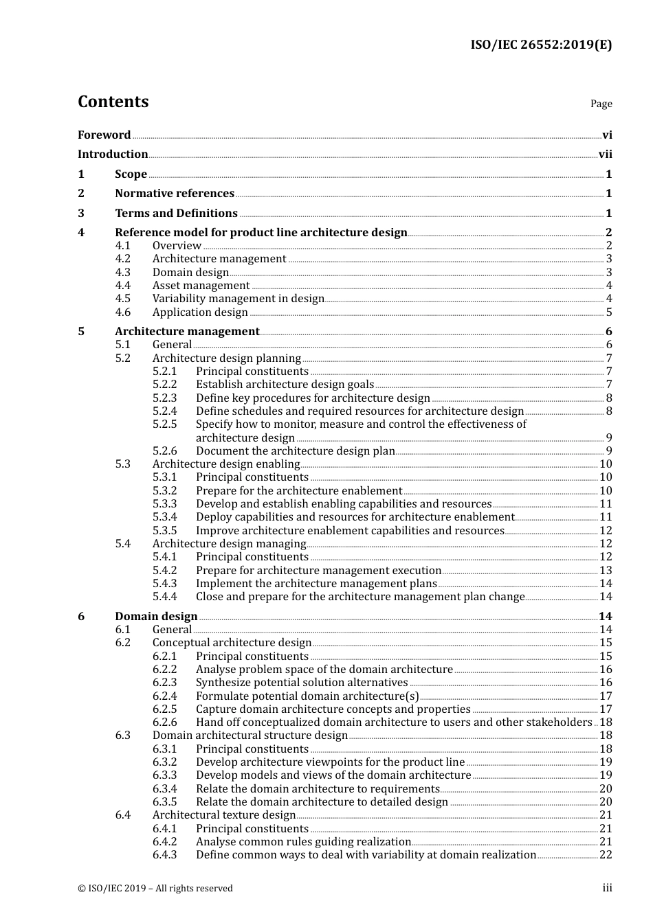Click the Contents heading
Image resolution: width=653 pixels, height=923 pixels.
coord(113,102)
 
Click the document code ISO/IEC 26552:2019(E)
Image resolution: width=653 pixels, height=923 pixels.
coord(540,45)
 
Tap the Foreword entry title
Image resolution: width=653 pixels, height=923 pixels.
coord(104,135)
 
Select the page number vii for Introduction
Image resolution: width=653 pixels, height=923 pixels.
coord(605,155)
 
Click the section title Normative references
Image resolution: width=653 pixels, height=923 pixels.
coord(175,194)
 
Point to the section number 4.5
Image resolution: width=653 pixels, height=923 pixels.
coord(122,299)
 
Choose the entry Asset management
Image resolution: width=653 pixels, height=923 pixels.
coord(201,286)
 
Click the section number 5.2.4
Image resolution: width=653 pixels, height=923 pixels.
coord(164,411)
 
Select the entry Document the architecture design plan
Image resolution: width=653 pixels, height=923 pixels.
coord(295,451)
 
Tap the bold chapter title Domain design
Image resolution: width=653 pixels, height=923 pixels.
coord(156,617)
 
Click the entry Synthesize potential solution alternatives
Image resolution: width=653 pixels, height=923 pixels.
coord(302,683)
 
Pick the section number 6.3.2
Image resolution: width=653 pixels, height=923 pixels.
coord(164,762)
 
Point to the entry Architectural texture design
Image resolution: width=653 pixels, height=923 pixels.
coord(223,815)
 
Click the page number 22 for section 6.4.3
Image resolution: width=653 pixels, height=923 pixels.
coord(606,855)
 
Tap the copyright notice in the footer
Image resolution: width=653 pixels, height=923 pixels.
coord(155,889)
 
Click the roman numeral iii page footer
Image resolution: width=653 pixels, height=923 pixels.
coord(607,888)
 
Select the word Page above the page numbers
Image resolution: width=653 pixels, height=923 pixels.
coord(601,104)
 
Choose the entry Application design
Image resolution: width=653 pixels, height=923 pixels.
coord(200,312)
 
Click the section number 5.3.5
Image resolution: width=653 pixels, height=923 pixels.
coord(164,531)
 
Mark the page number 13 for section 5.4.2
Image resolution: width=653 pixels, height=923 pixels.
coord(606,571)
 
